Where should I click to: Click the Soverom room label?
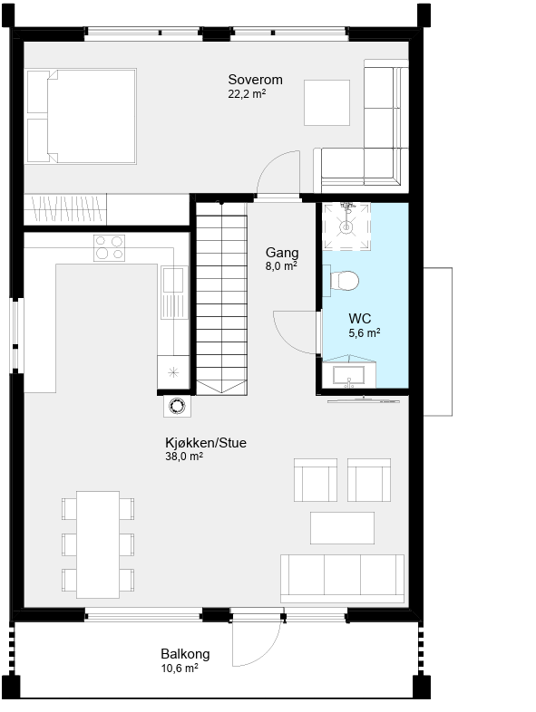pos(255,80)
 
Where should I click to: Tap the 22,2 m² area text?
pos(247,94)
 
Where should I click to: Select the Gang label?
pos(282,253)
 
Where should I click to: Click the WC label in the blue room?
pos(360,318)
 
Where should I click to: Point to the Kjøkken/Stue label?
pos(206,443)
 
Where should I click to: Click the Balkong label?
pos(186,654)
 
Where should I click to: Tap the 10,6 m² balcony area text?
pos(180,669)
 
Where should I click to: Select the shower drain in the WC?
pos(346,226)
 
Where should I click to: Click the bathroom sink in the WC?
pos(348,376)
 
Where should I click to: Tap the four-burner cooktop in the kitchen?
pos(109,248)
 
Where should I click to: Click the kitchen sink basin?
pos(173,280)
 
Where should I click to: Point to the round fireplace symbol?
pos(177,406)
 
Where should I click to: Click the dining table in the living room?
pos(98,544)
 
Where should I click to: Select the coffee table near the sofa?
pos(342,527)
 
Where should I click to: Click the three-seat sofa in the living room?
pos(342,579)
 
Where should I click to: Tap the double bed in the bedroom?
pos(82,116)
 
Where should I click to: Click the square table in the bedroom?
pos(326,102)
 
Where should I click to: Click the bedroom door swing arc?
pos(270,162)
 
